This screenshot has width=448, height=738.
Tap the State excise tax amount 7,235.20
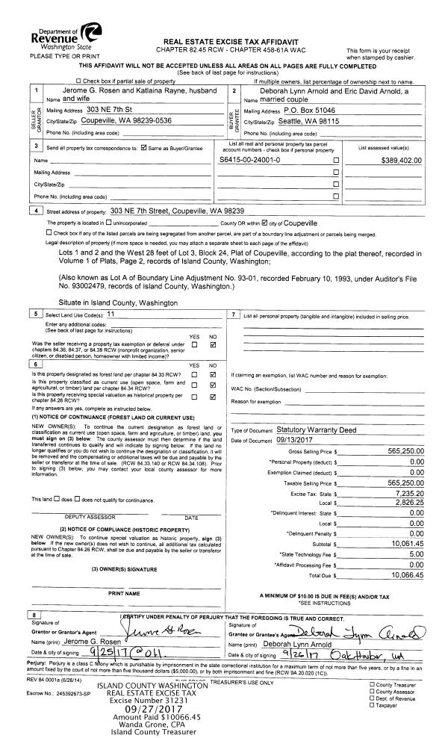pyautogui.click(x=407, y=494)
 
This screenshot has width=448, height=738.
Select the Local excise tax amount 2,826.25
pyautogui.click(x=407, y=504)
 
